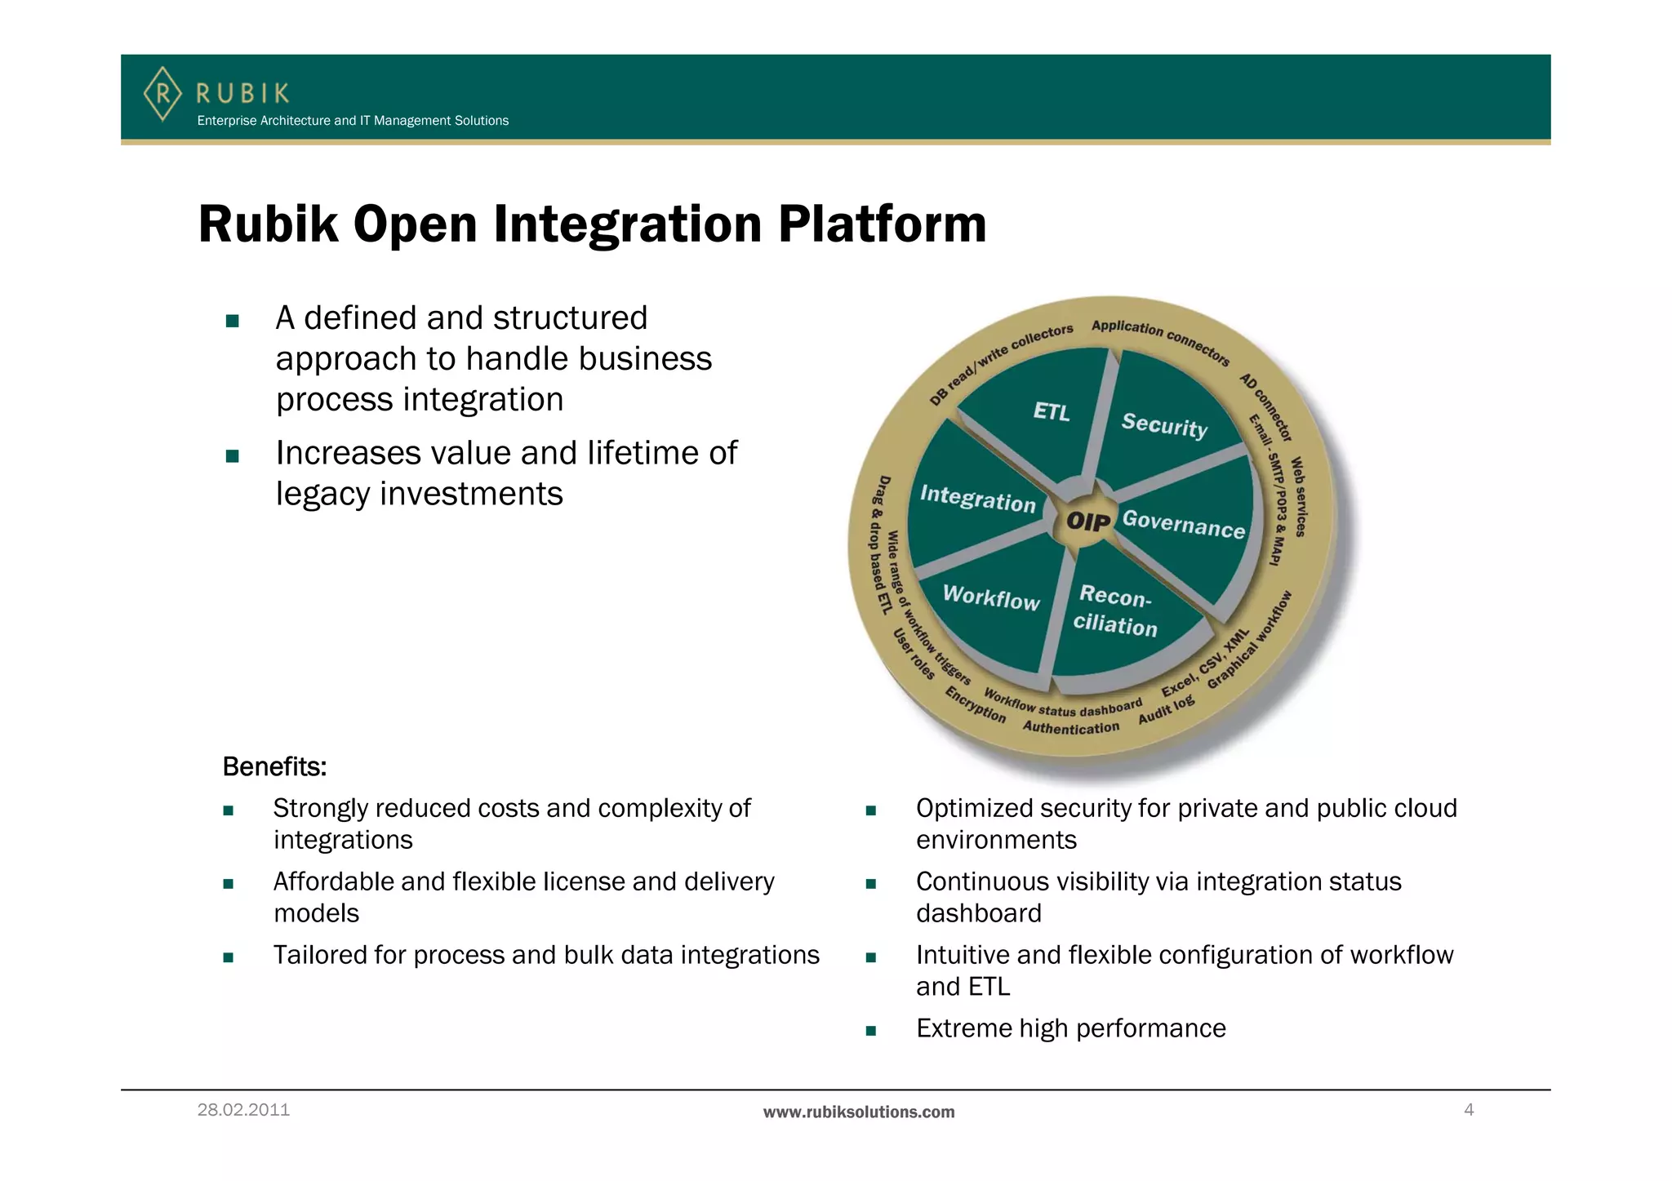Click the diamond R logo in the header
pos(162,94)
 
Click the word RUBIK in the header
pos(242,94)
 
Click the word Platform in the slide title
pos(882,224)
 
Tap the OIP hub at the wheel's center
pos(1088,521)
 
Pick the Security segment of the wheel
pos(1164,425)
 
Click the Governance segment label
pos(1183,524)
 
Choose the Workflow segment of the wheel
pos(991,598)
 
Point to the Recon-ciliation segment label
pos(1115,610)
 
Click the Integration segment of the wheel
pos(977,498)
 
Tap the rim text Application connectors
pos(1160,341)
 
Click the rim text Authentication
pos(1070,727)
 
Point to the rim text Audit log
pos(1166,709)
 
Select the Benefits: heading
pos(274,766)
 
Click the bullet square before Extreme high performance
pos(870,1031)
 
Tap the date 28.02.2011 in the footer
pos(243,1110)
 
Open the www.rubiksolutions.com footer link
pos(858,1112)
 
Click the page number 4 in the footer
pos(1469,1110)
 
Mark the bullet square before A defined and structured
pos(232,321)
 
